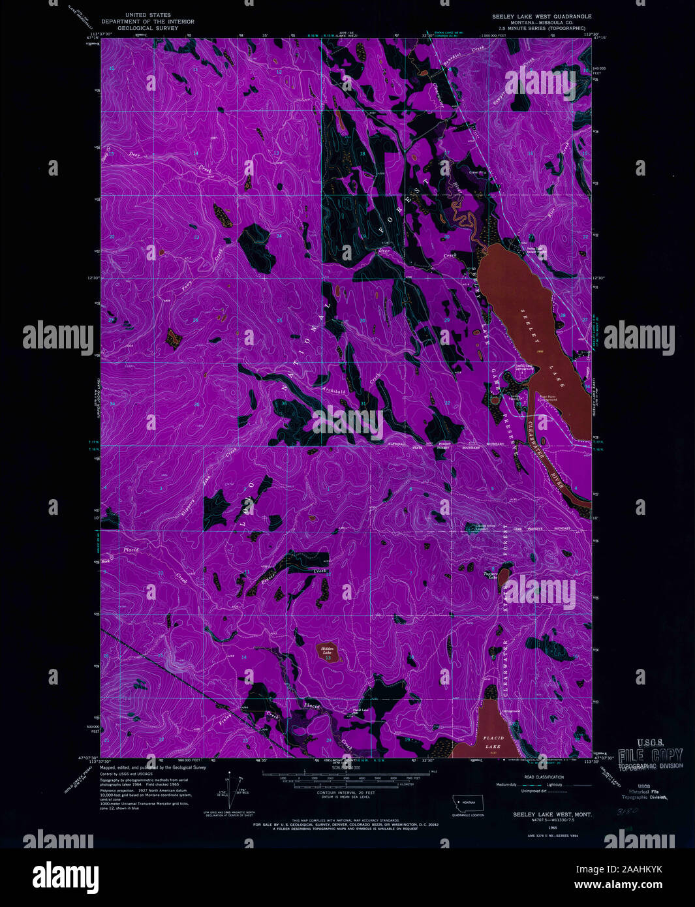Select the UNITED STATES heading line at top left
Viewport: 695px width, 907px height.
148,14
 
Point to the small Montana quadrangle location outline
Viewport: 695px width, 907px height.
468,802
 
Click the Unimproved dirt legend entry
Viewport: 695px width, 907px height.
534,791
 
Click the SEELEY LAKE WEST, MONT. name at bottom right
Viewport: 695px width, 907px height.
543,815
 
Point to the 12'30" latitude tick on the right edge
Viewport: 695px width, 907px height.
600,278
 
